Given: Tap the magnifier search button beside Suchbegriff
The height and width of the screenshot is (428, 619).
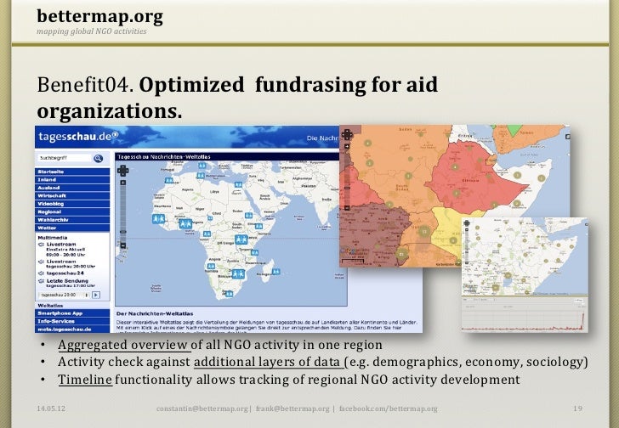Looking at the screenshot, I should pyautogui.click(x=99, y=158).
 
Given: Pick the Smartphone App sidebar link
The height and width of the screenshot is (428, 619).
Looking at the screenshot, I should pyautogui.click(x=60, y=313).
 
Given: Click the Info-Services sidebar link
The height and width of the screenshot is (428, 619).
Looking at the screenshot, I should pyautogui.click(x=56, y=321).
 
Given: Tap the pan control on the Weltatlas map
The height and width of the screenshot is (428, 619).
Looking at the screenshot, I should pyautogui.click(x=123, y=170).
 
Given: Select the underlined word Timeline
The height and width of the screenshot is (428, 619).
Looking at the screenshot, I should pyautogui.click(x=84, y=380).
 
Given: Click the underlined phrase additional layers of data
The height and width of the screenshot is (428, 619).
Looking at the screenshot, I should pyautogui.click(x=267, y=363).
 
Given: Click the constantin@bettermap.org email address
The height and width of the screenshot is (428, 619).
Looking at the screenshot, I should pyautogui.click(x=205, y=409).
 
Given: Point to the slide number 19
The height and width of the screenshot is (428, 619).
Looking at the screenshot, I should pyautogui.click(x=577, y=408).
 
